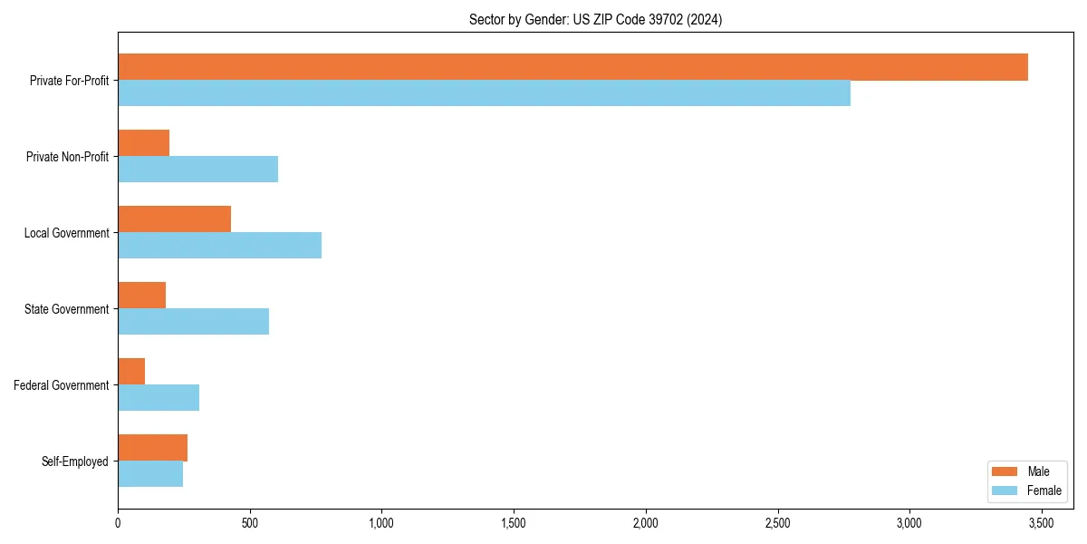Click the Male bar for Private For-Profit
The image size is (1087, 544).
(x=572, y=67)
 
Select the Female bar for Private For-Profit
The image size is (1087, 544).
(x=484, y=93)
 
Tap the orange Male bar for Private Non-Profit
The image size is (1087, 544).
(x=144, y=143)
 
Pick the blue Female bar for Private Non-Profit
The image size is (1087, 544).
(x=197, y=170)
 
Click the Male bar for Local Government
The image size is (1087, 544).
(x=174, y=219)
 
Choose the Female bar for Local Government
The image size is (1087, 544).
(x=219, y=246)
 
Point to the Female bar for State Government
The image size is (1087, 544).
(x=193, y=322)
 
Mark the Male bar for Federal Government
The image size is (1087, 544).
(x=131, y=372)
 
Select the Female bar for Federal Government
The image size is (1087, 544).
(x=159, y=398)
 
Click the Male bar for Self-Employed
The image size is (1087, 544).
(x=152, y=448)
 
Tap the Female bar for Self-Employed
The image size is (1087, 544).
(x=150, y=474)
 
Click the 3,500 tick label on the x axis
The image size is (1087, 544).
(x=1041, y=523)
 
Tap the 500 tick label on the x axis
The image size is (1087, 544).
(x=250, y=523)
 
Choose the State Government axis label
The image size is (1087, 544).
(x=66, y=309)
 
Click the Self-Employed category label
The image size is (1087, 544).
(x=74, y=461)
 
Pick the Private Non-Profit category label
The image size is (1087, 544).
(x=67, y=157)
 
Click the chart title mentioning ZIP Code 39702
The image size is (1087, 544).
(x=595, y=19)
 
